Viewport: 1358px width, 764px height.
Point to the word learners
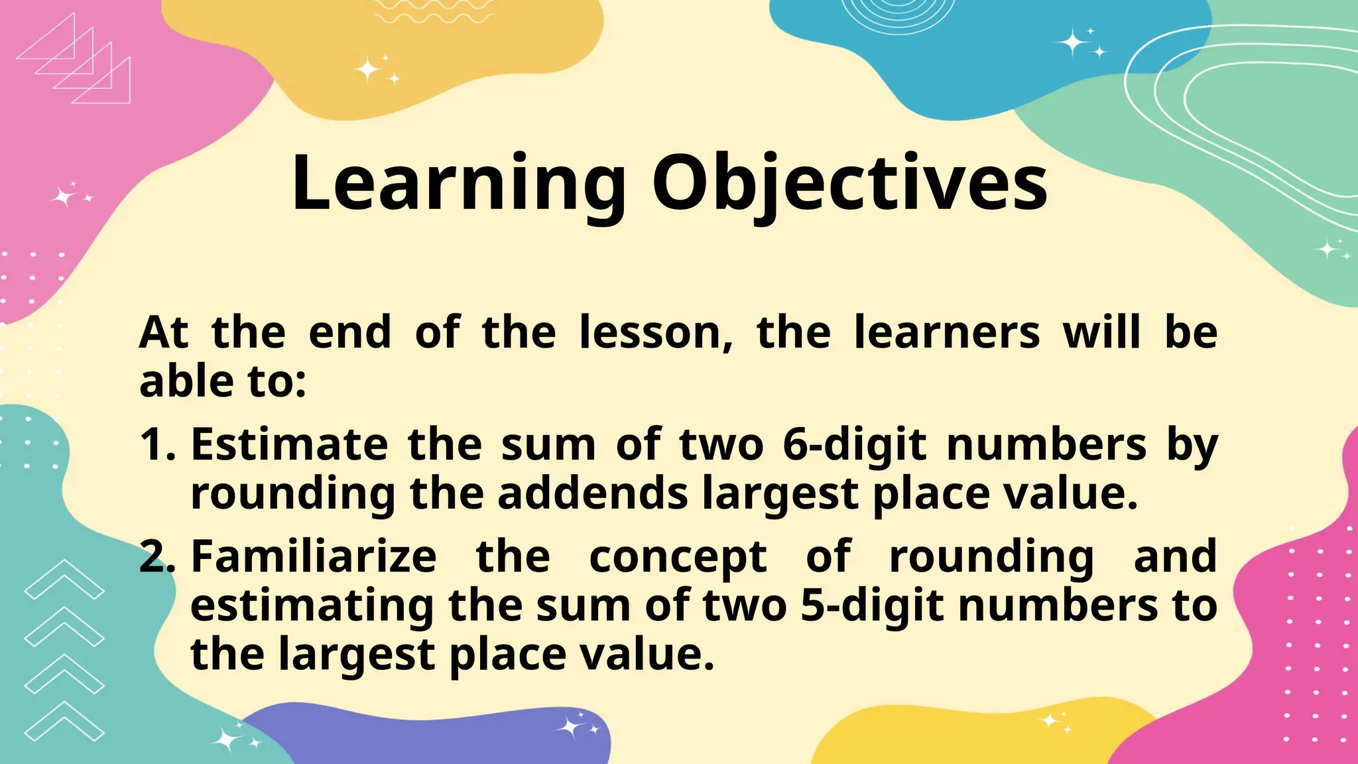(947, 332)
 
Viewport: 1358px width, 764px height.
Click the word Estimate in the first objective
(289, 444)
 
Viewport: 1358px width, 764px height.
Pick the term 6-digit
(854, 444)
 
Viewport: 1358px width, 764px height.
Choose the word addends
(593, 494)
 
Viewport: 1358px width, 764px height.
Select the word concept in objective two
(678, 557)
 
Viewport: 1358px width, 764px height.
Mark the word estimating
(312, 605)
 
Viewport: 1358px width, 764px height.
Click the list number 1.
(156, 444)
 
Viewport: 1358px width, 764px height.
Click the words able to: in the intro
(223, 382)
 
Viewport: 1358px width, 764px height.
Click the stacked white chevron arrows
(64, 650)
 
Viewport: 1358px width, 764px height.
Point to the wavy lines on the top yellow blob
(434, 11)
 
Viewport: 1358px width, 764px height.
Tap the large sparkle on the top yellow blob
(367, 69)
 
